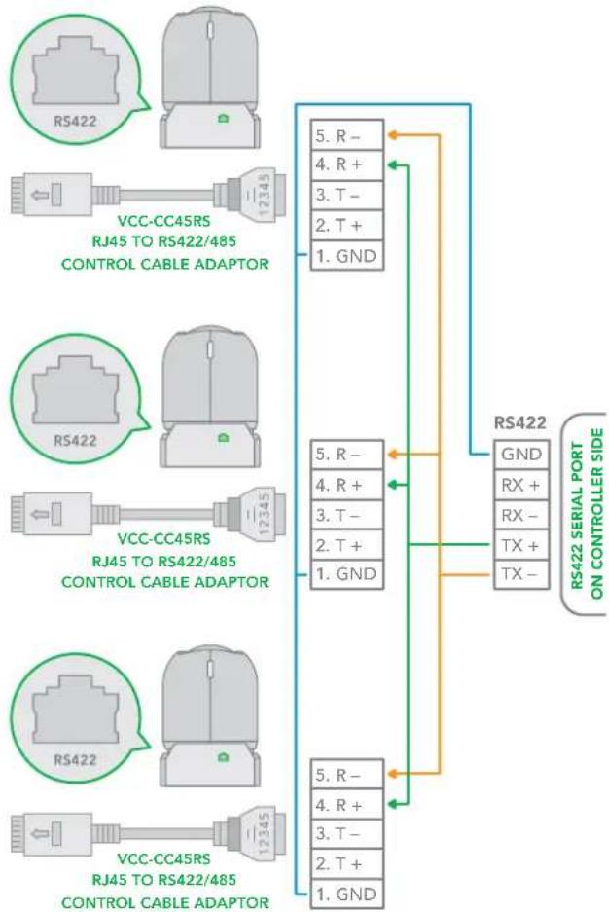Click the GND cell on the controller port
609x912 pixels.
pos(521,454)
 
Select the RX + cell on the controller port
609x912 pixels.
pos(521,484)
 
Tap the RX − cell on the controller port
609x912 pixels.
pos(521,515)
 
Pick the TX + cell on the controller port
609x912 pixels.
pos(521,545)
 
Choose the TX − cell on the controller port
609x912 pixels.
pos(521,574)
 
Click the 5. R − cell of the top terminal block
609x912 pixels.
pos(347,135)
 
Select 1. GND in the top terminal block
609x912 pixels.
pos(347,255)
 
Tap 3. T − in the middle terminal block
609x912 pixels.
pos(347,515)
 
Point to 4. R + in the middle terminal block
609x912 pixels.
pos(347,485)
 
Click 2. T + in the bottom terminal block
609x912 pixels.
pos(347,863)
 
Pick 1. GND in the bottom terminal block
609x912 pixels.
pos(347,894)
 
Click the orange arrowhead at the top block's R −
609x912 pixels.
pos(392,135)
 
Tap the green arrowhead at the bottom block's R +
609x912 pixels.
pos(392,804)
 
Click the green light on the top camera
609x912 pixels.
pos(223,119)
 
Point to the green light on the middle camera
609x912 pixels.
pos(223,437)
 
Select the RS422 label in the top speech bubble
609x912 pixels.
pos(75,121)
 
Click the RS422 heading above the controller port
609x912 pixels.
pos(520,422)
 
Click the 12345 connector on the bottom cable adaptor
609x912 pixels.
pos(265,832)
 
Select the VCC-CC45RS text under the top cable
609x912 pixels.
pos(163,221)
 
